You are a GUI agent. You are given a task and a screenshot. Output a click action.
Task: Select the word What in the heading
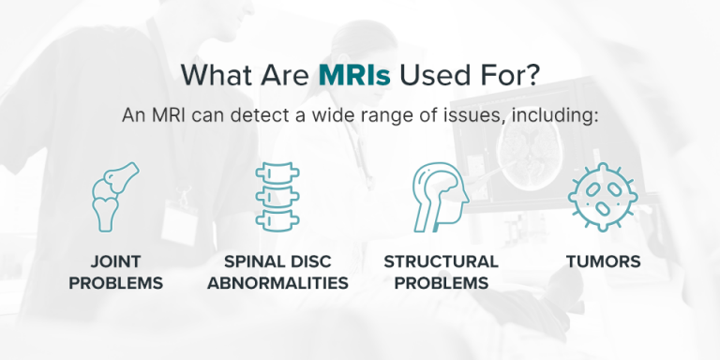217,74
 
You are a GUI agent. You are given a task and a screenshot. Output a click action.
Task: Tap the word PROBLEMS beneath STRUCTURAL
441,283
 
